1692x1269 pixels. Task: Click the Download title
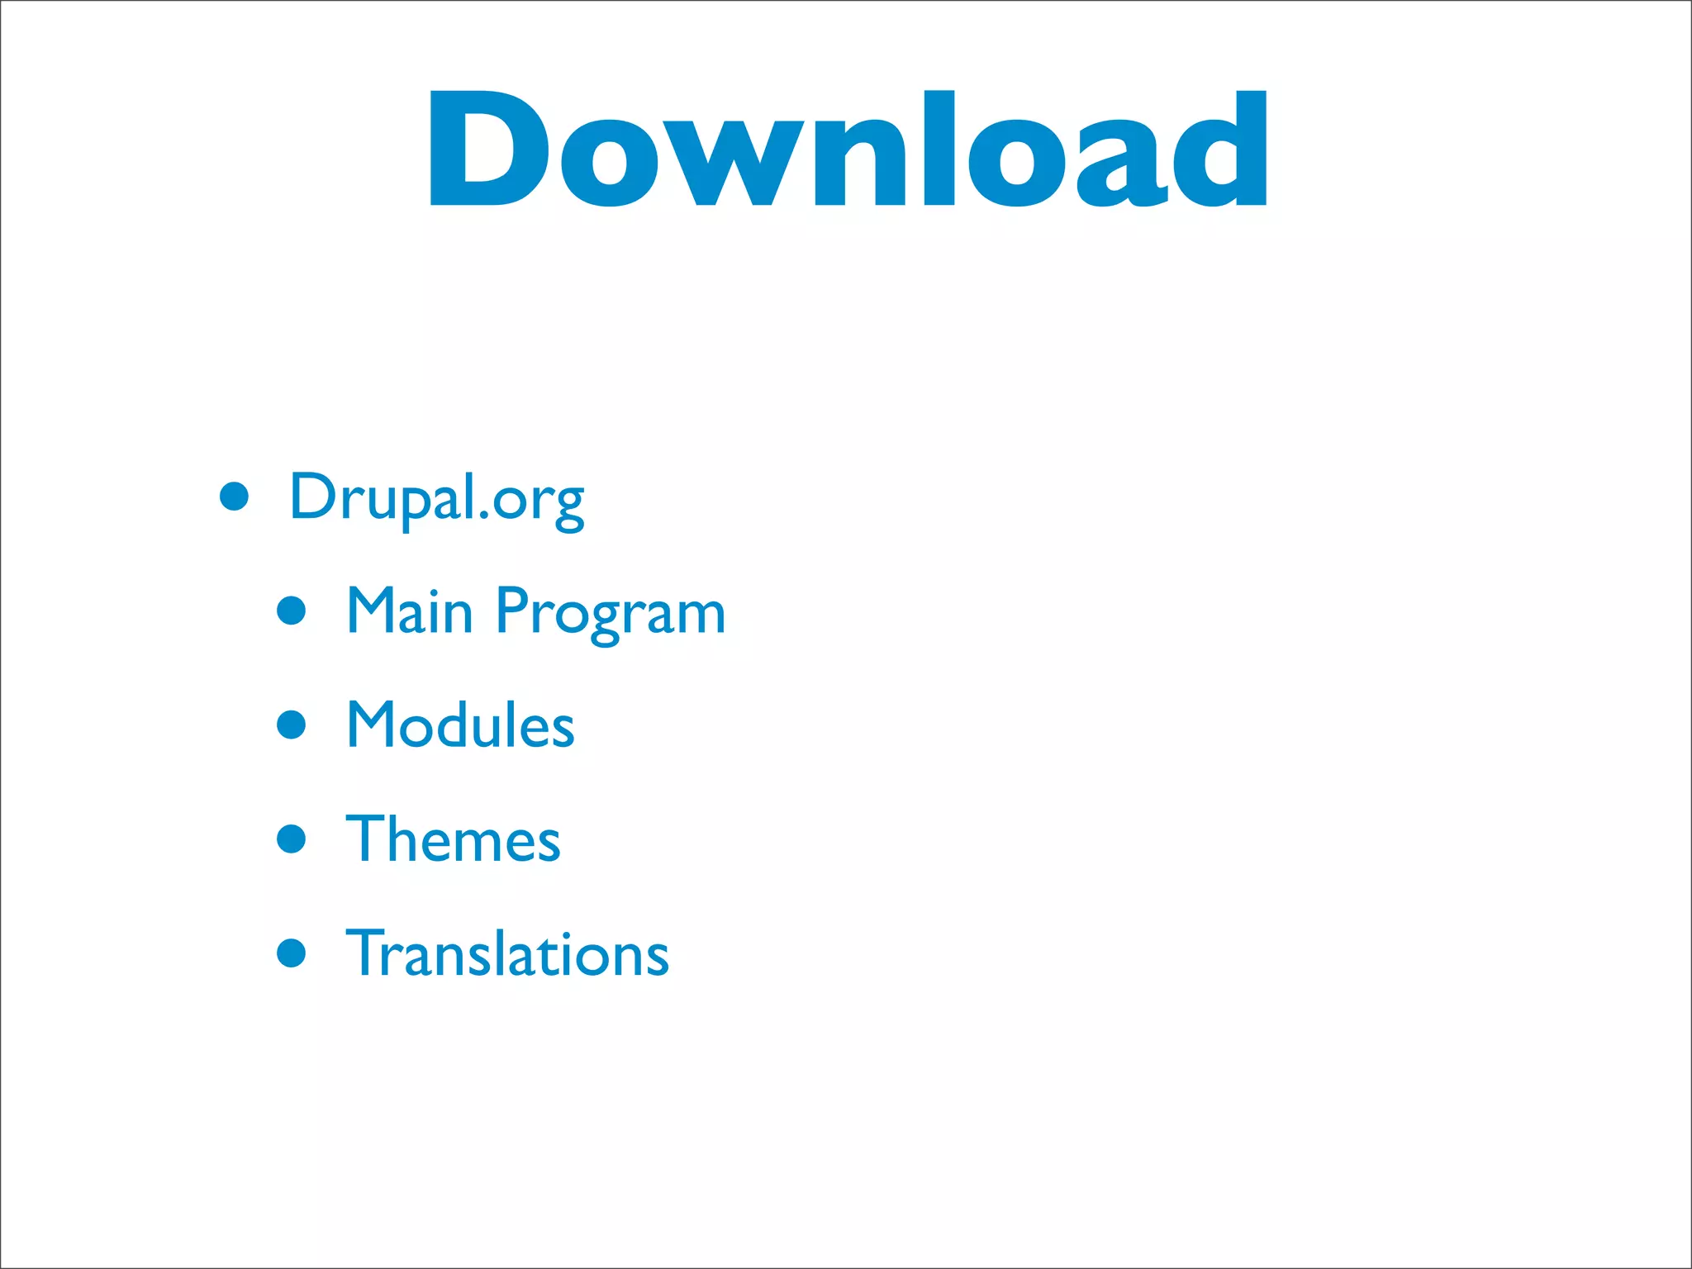click(x=848, y=149)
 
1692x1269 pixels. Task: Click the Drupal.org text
click(x=437, y=498)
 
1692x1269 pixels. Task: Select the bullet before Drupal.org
click(x=235, y=497)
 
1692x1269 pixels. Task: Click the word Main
click(x=410, y=611)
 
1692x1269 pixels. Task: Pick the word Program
click(x=611, y=613)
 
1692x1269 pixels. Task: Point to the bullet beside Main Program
click(x=292, y=611)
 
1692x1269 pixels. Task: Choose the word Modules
click(x=460, y=725)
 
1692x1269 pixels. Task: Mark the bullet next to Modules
click(x=292, y=725)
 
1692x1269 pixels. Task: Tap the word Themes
click(x=454, y=839)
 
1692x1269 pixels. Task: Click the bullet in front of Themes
click(x=292, y=839)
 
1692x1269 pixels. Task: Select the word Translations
click(x=507, y=953)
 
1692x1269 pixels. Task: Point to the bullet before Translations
click(x=292, y=953)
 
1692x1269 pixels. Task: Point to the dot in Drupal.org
click(x=483, y=517)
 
